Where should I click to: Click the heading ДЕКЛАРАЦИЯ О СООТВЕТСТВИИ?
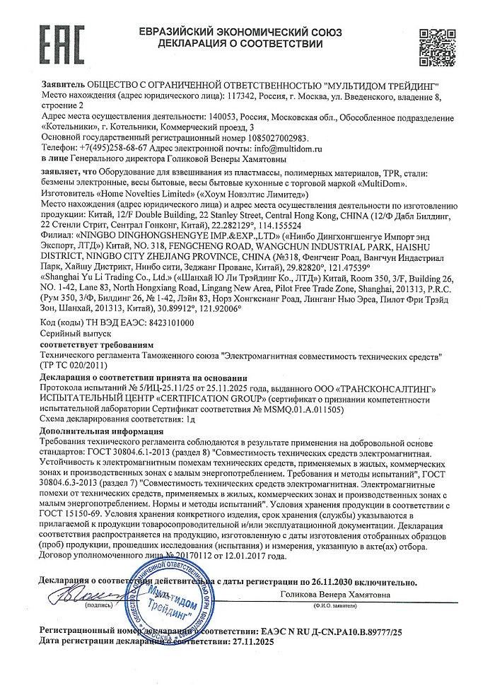coord(240,45)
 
